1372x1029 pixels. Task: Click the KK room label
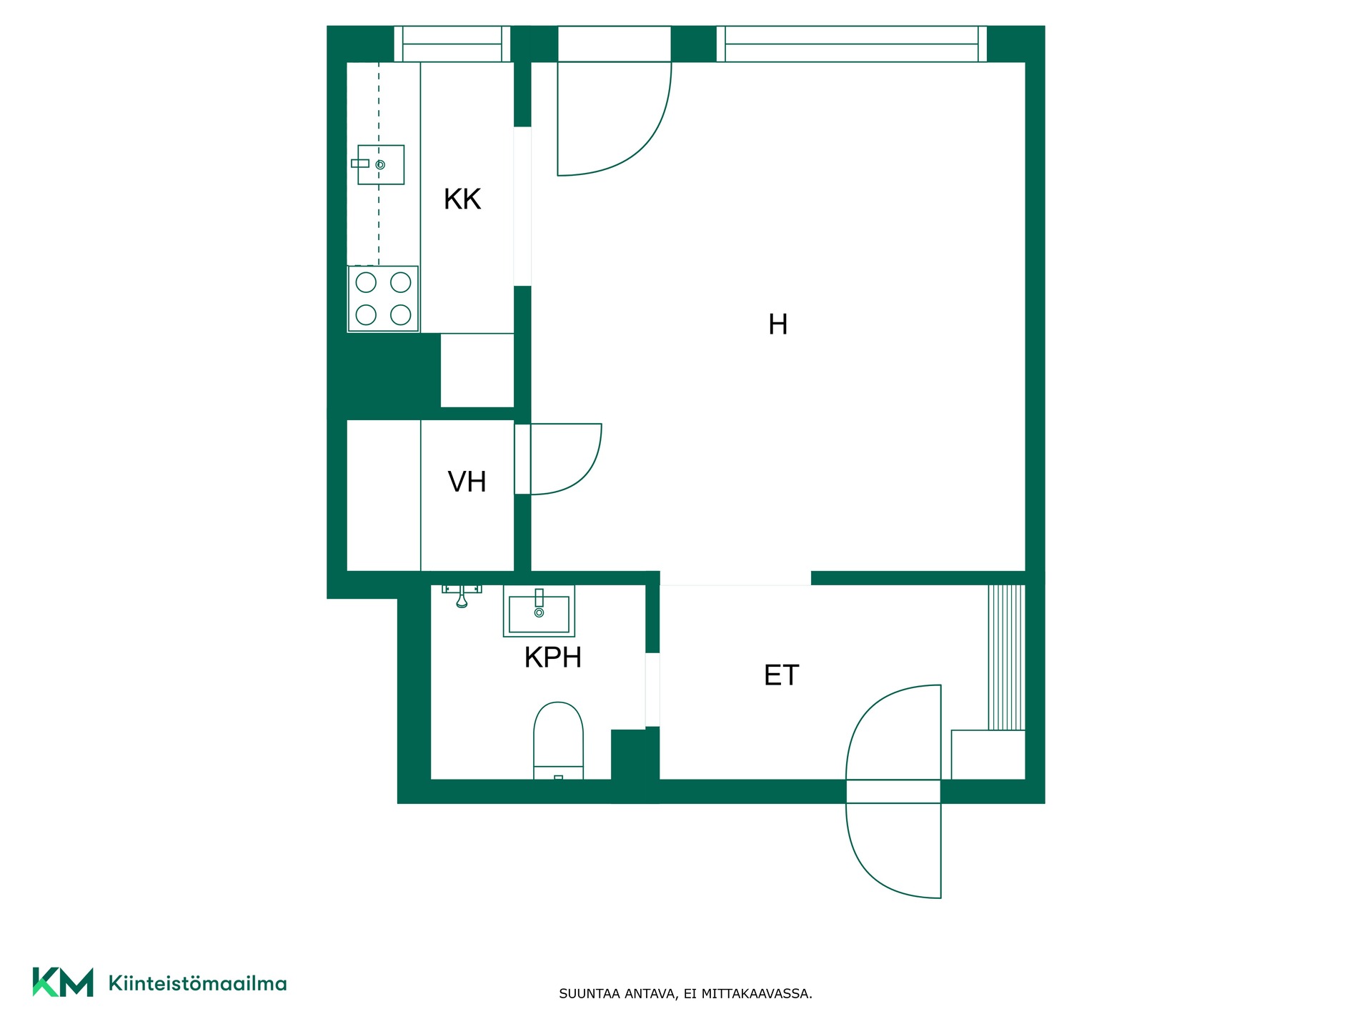coord(462,199)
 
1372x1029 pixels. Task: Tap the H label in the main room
coord(777,324)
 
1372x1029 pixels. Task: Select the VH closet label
coord(467,482)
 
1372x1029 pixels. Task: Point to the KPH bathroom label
coord(552,657)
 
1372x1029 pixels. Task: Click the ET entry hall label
coord(781,675)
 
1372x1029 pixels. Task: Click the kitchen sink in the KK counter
coord(378,164)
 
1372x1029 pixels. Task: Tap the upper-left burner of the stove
coord(366,282)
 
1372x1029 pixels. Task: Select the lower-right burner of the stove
coord(401,314)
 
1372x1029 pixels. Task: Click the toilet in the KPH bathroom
coord(559,740)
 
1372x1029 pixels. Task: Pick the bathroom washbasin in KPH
coord(539,611)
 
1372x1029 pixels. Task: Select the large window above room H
coord(852,44)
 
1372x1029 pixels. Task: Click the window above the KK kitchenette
coord(452,44)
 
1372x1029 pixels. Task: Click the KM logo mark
coord(63,983)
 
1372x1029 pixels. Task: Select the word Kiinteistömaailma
coord(197,983)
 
